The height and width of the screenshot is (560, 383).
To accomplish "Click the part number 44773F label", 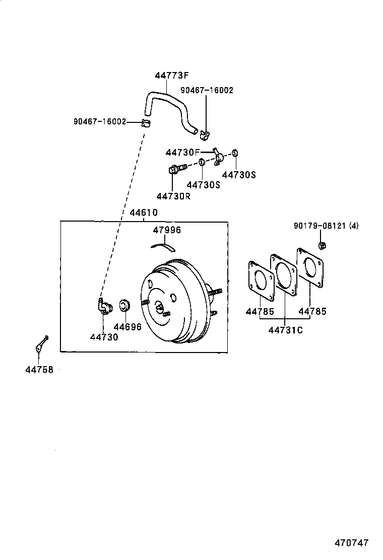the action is point(171,76).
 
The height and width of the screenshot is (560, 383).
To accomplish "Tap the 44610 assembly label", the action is point(143,213).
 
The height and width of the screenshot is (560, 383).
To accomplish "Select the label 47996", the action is point(167,230).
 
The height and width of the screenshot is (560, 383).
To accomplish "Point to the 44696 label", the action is point(127,327).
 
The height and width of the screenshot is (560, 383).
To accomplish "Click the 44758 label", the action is point(39,370).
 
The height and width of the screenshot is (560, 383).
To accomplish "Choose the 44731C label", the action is point(285,330).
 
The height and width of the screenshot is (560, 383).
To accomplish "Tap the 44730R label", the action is point(173,196).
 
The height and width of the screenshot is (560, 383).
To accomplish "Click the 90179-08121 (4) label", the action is point(326,226).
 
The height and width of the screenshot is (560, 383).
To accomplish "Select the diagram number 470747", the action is point(352,543).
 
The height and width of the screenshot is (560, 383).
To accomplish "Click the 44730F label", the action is point(182,153).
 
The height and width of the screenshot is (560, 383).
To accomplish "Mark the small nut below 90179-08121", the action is point(322,245).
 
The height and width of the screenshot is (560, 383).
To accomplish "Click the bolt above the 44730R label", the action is point(177,168).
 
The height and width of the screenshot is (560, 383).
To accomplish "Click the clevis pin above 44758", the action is point(41,343).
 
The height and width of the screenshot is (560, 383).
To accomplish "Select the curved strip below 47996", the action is point(163,246).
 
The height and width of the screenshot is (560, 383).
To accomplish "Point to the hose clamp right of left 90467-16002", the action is point(146,123).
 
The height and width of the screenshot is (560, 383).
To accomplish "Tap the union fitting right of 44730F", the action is point(218,156).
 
